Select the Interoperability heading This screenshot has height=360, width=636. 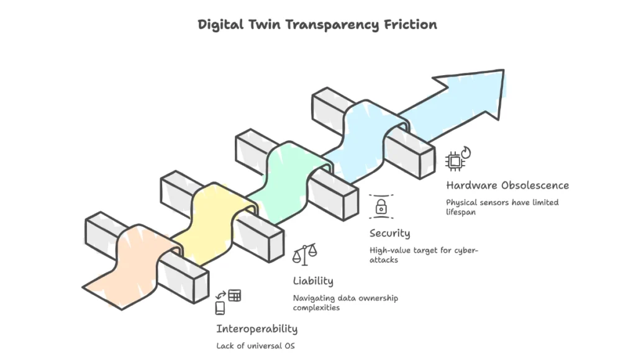click(257, 328)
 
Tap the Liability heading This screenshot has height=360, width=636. click(313, 281)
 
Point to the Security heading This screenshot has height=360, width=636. click(389, 233)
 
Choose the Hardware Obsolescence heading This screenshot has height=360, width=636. click(507, 185)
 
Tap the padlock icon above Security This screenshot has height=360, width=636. click(380, 205)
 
